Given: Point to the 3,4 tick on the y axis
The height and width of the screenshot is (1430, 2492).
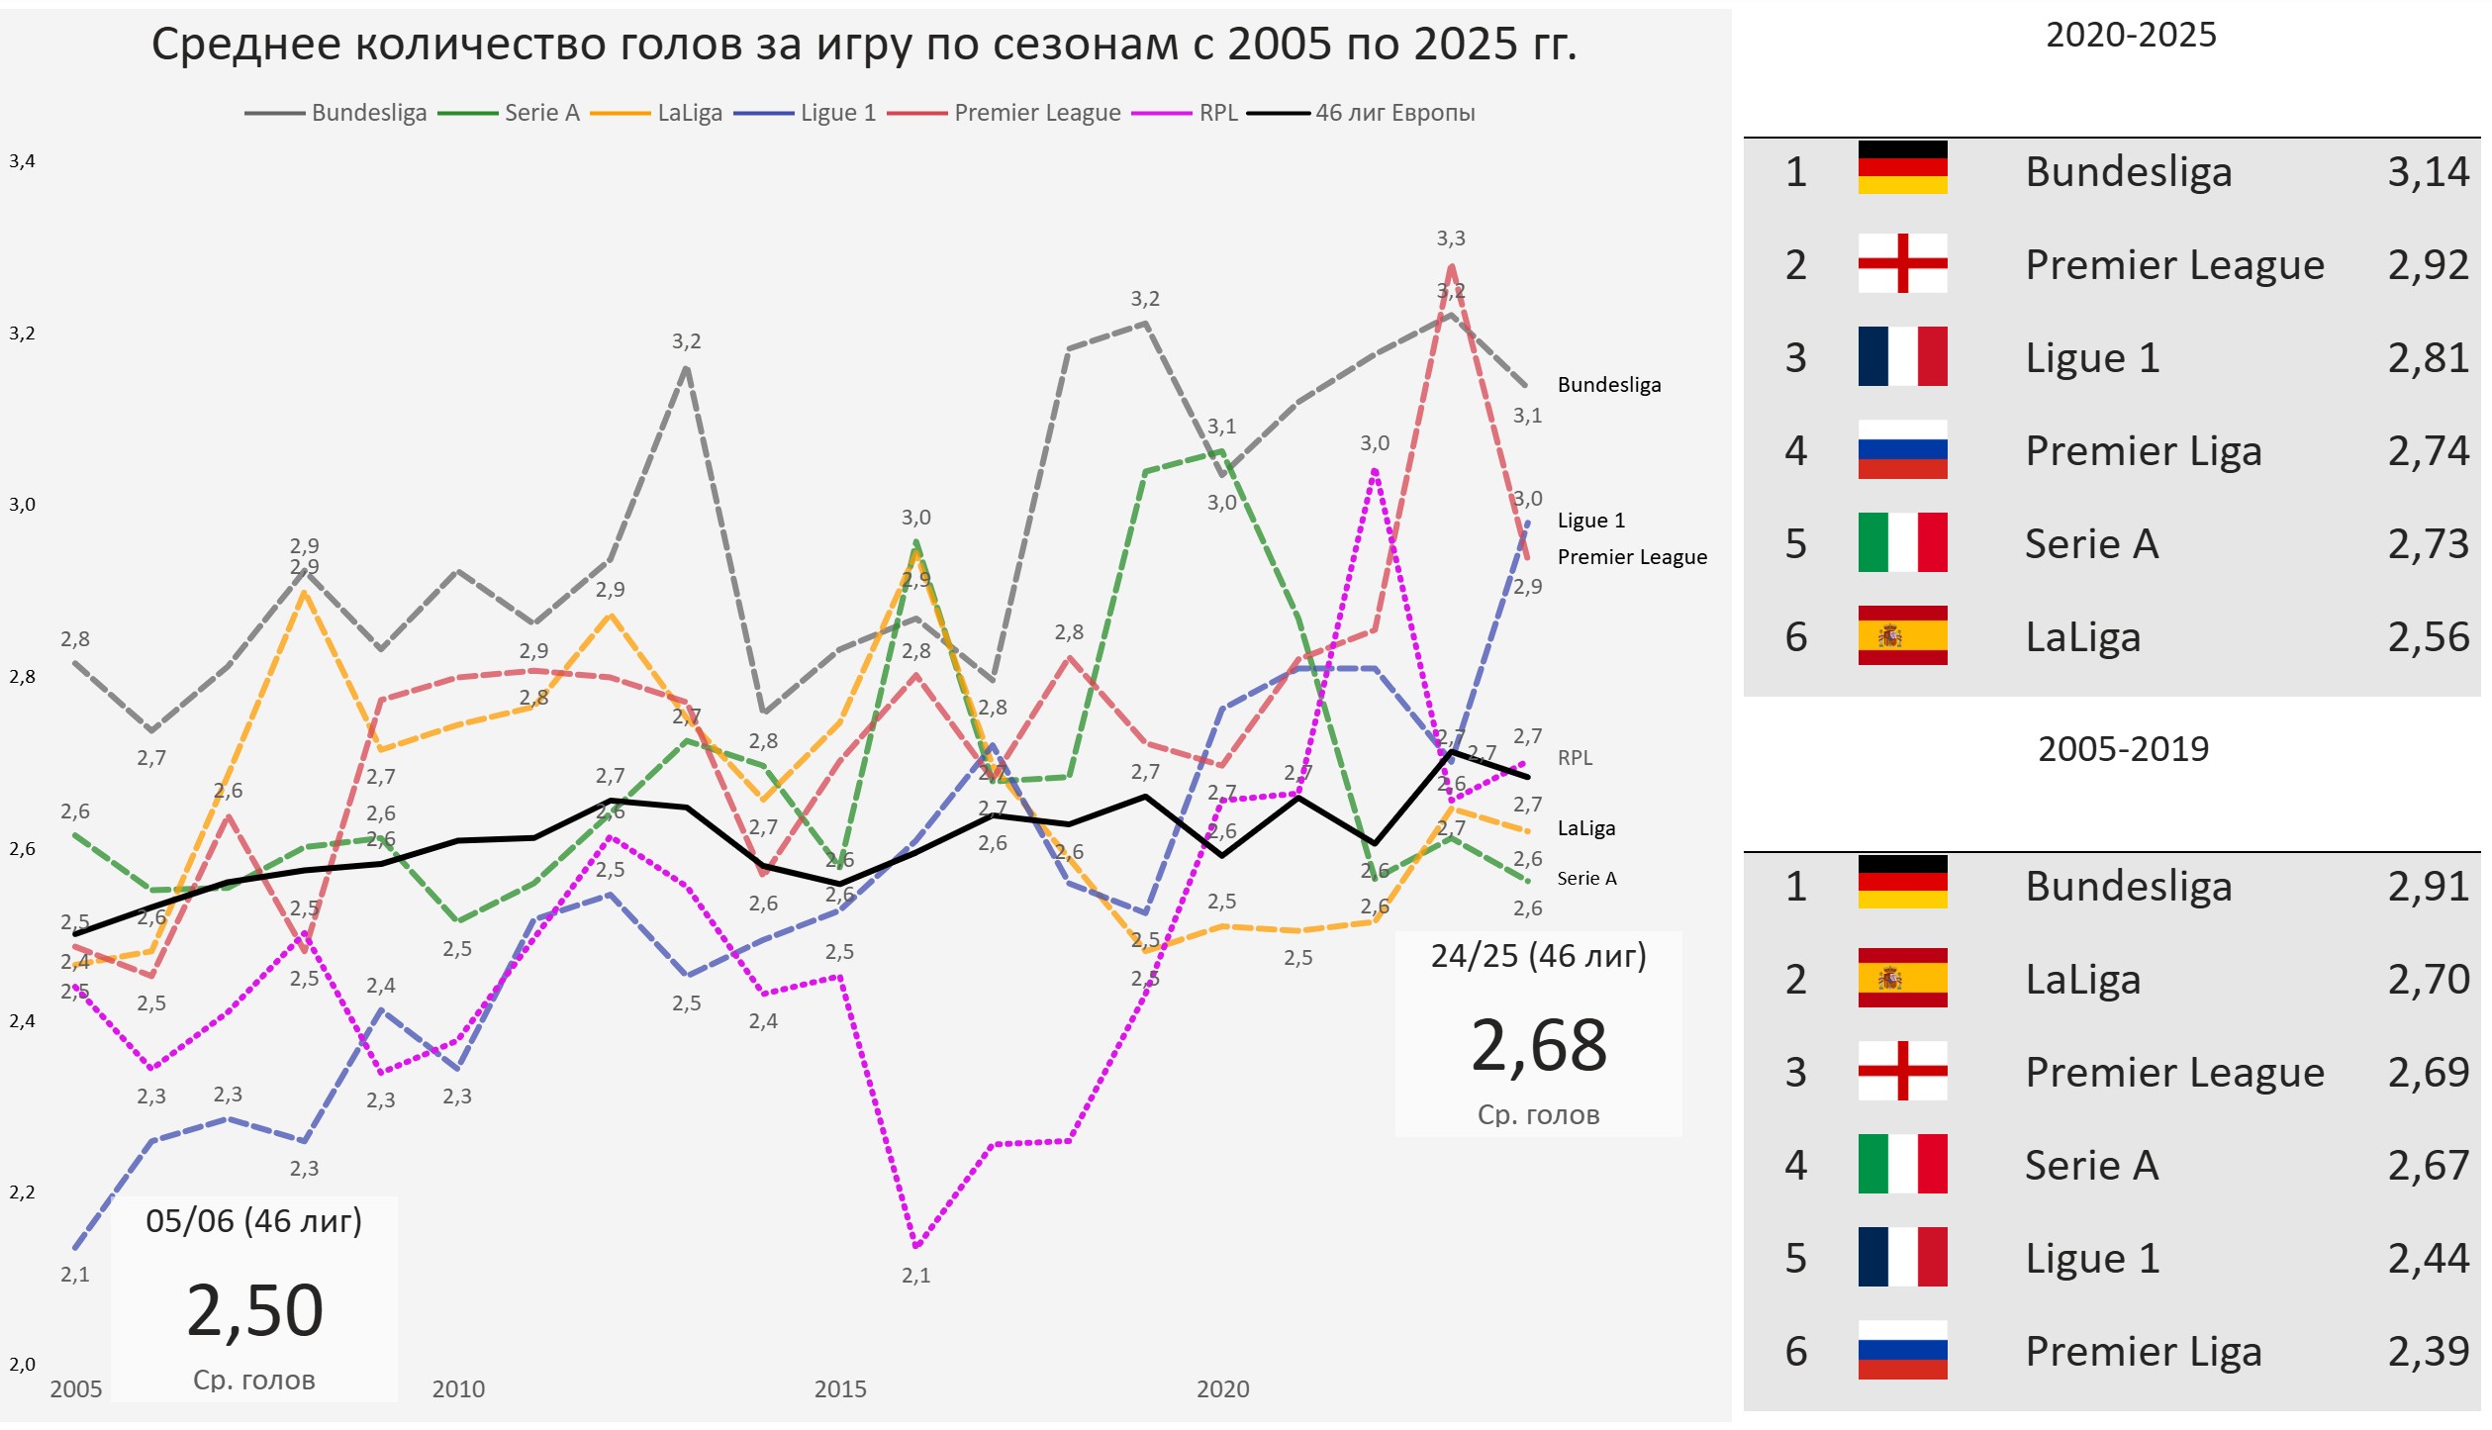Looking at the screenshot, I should coord(22,161).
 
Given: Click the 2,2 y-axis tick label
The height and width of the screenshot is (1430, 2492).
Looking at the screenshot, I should coord(22,1192).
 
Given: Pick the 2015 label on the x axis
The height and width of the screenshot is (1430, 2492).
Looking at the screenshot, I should coord(839,1389).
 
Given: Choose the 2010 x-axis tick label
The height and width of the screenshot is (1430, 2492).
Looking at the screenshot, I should coord(458,1389).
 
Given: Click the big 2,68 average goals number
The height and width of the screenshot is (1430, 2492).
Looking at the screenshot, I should coord(1538,1046).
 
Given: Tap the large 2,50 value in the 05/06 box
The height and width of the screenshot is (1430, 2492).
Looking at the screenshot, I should coord(254,1311).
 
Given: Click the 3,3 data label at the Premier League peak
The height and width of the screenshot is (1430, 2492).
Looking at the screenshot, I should coord(1451,238).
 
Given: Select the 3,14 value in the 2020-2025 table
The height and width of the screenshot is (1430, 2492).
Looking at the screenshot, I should coord(2428,172).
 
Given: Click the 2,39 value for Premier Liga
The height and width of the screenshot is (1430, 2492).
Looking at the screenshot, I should coord(2428,1352).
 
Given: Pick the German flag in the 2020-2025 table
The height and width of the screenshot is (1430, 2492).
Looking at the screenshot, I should coord(1902,167).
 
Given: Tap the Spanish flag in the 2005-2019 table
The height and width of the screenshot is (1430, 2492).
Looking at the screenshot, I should coord(1902,978).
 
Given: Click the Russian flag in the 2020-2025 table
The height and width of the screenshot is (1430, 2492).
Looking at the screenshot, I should coord(1902,450).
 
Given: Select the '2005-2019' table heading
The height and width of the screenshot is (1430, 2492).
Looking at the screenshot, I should coord(2123,749).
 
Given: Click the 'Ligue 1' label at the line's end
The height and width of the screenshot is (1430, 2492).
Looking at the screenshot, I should coord(1590,521).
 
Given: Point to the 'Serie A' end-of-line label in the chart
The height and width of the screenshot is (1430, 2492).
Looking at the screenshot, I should coord(1586,879).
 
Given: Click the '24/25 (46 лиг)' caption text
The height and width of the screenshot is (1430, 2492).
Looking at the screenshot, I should coord(1538,956).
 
